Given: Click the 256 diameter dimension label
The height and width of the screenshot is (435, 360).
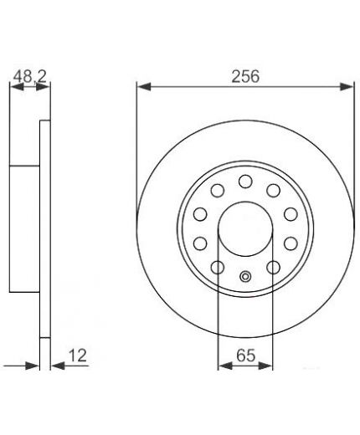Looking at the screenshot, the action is pos(245,76).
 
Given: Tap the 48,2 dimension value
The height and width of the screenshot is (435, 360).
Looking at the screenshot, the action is pos(30,76).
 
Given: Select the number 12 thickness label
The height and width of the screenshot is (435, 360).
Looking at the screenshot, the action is pos(78,356).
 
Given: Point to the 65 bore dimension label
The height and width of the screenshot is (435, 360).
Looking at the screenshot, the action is pos(246,356).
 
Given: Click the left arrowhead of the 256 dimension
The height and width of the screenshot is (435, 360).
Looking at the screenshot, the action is pos(144,87).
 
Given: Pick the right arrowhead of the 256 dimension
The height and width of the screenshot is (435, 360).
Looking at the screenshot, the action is pos(347,87).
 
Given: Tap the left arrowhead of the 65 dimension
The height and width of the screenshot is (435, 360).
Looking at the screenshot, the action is pos(225,366).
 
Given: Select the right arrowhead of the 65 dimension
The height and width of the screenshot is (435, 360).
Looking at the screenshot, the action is pos(265,366).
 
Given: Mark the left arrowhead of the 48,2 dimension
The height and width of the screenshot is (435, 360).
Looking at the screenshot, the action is pos(17,87).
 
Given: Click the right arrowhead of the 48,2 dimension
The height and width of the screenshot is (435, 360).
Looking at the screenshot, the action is pos(43,87).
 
